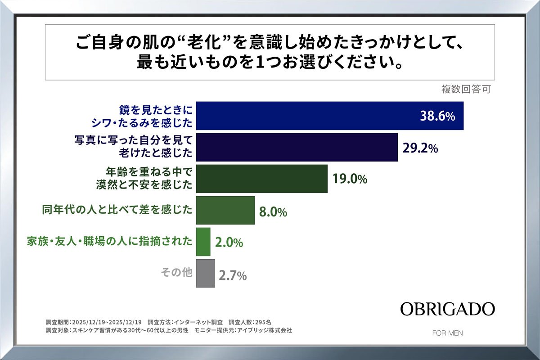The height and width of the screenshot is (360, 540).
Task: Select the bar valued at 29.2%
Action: click(x=297, y=147)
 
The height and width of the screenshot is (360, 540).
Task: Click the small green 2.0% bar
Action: click(x=203, y=242)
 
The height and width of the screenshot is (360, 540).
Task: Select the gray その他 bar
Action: click(x=206, y=273)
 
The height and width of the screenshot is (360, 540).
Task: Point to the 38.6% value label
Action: click(x=438, y=117)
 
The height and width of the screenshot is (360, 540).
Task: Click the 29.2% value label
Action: click(x=421, y=148)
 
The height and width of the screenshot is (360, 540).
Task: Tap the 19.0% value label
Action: click(x=350, y=180)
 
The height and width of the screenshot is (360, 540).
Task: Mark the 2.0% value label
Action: click(x=229, y=243)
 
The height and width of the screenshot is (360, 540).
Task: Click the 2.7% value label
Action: click(x=233, y=275)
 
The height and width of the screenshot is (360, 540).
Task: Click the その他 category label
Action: click(x=176, y=273)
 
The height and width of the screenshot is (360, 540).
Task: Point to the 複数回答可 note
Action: click(x=465, y=89)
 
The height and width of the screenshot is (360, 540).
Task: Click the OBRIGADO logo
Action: click(x=447, y=309)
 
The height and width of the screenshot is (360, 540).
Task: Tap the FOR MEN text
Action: click(x=447, y=333)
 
